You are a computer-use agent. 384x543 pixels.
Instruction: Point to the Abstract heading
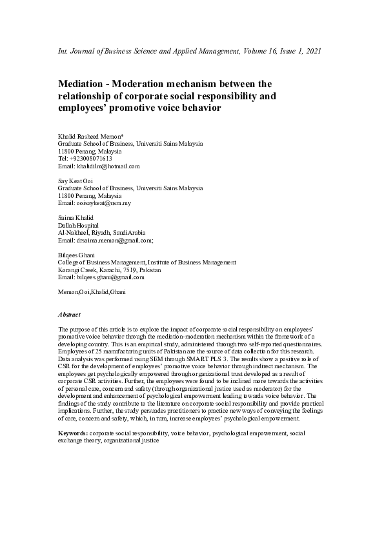coord(69,314)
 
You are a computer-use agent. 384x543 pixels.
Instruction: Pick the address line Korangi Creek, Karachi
coord(94,270)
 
